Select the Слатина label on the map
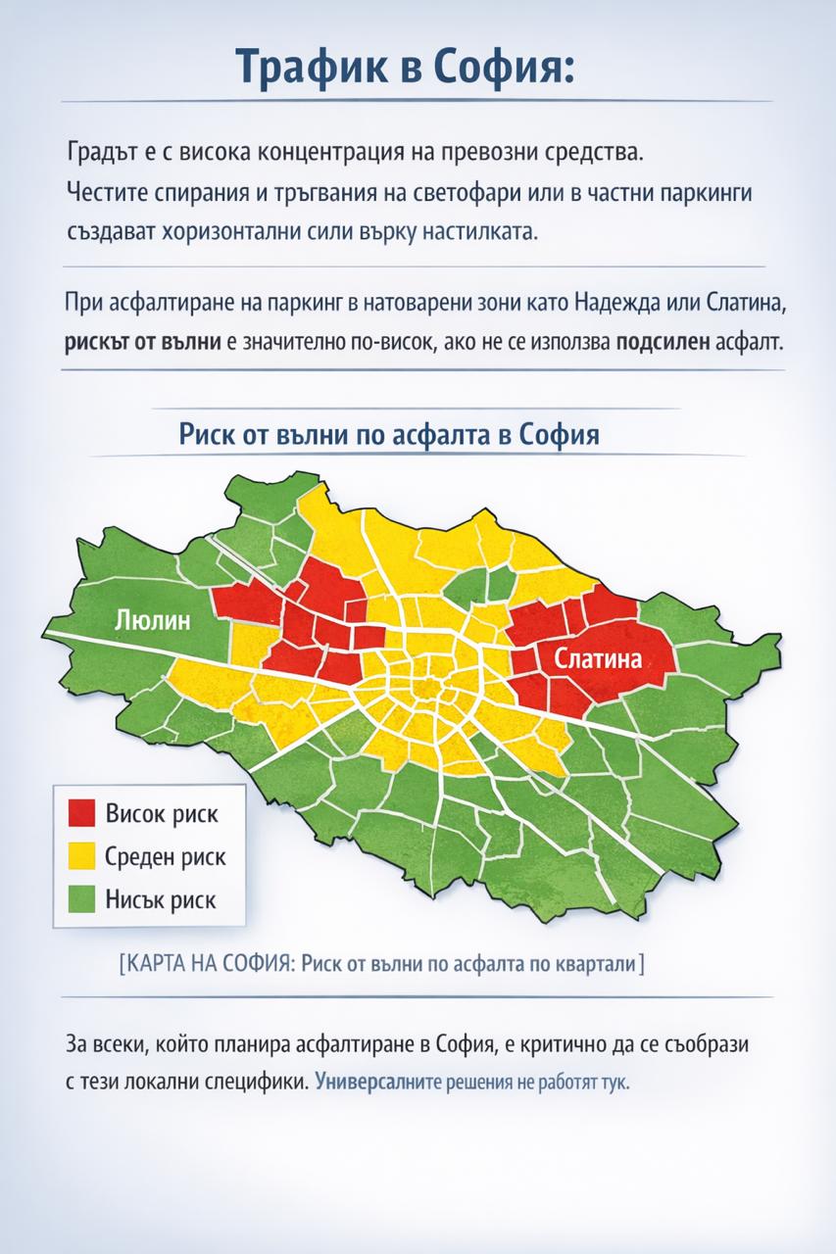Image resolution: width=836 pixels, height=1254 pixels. click(598, 659)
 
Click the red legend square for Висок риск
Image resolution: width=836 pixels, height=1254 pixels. click(81, 813)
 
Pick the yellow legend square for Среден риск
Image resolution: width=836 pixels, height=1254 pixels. click(81, 856)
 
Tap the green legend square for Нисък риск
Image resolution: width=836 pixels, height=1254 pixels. click(81, 898)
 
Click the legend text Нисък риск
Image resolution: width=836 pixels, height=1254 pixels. click(160, 899)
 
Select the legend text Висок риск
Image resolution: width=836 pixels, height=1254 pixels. click(161, 814)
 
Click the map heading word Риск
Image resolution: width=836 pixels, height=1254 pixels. click(210, 434)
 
